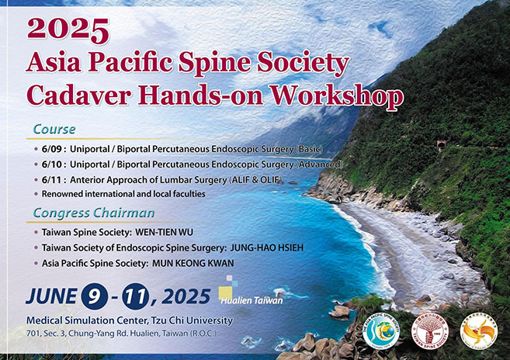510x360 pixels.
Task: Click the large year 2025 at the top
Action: click(x=68, y=29)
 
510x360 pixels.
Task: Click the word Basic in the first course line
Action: click(x=286, y=148)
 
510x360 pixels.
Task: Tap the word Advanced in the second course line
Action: click(x=316, y=164)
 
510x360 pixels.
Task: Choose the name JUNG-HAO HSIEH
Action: click(x=271, y=247)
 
